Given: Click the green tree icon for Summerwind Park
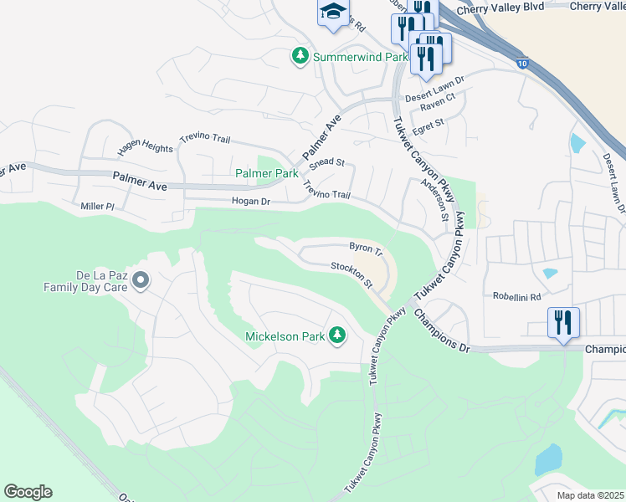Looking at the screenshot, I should [300, 56].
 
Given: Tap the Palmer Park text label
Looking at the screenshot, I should [266, 173].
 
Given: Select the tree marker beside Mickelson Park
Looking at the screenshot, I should [337, 336].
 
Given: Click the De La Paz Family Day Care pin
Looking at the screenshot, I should [141, 279].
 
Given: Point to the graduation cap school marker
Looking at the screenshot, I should [332, 13].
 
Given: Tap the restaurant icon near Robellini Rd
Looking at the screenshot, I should [563, 321].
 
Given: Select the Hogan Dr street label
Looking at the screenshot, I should [251, 202].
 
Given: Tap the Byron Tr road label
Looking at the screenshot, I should [366, 248].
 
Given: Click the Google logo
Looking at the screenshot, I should [28, 491].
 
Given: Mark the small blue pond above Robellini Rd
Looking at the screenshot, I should [550, 273].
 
